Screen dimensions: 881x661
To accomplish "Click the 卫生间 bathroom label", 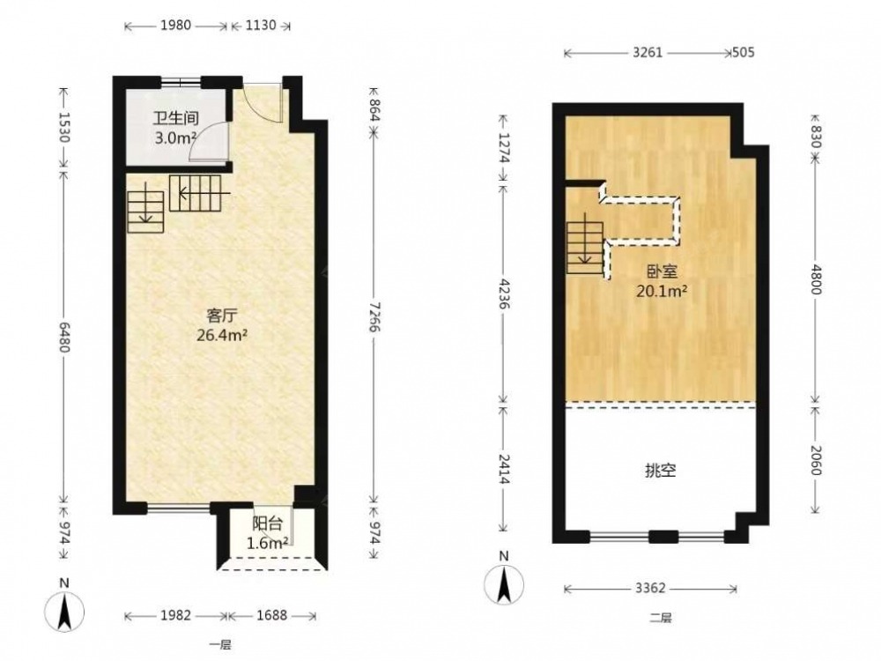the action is (x=176, y=119).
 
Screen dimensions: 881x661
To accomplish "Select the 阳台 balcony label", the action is (x=267, y=524).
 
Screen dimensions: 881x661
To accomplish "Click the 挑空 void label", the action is (x=660, y=471).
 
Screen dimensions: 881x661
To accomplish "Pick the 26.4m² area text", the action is (x=222, y=336).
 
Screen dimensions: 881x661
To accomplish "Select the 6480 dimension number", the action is (x=63, y=338).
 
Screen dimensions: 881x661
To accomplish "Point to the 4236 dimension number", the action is (x=503, y=293).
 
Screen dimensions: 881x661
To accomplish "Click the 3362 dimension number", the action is (x=650, y=588).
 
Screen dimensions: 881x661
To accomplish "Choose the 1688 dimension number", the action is (x=272, y=615).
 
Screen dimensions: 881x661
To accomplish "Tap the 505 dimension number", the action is (x=744, y=53).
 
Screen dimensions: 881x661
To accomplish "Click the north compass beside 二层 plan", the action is (x=504, y=582).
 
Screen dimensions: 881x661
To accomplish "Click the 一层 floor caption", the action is (x=220, y=645).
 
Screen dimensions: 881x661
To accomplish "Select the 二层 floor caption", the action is (x=661, y=619).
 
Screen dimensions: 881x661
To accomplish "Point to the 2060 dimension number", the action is (x=817, y=460).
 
